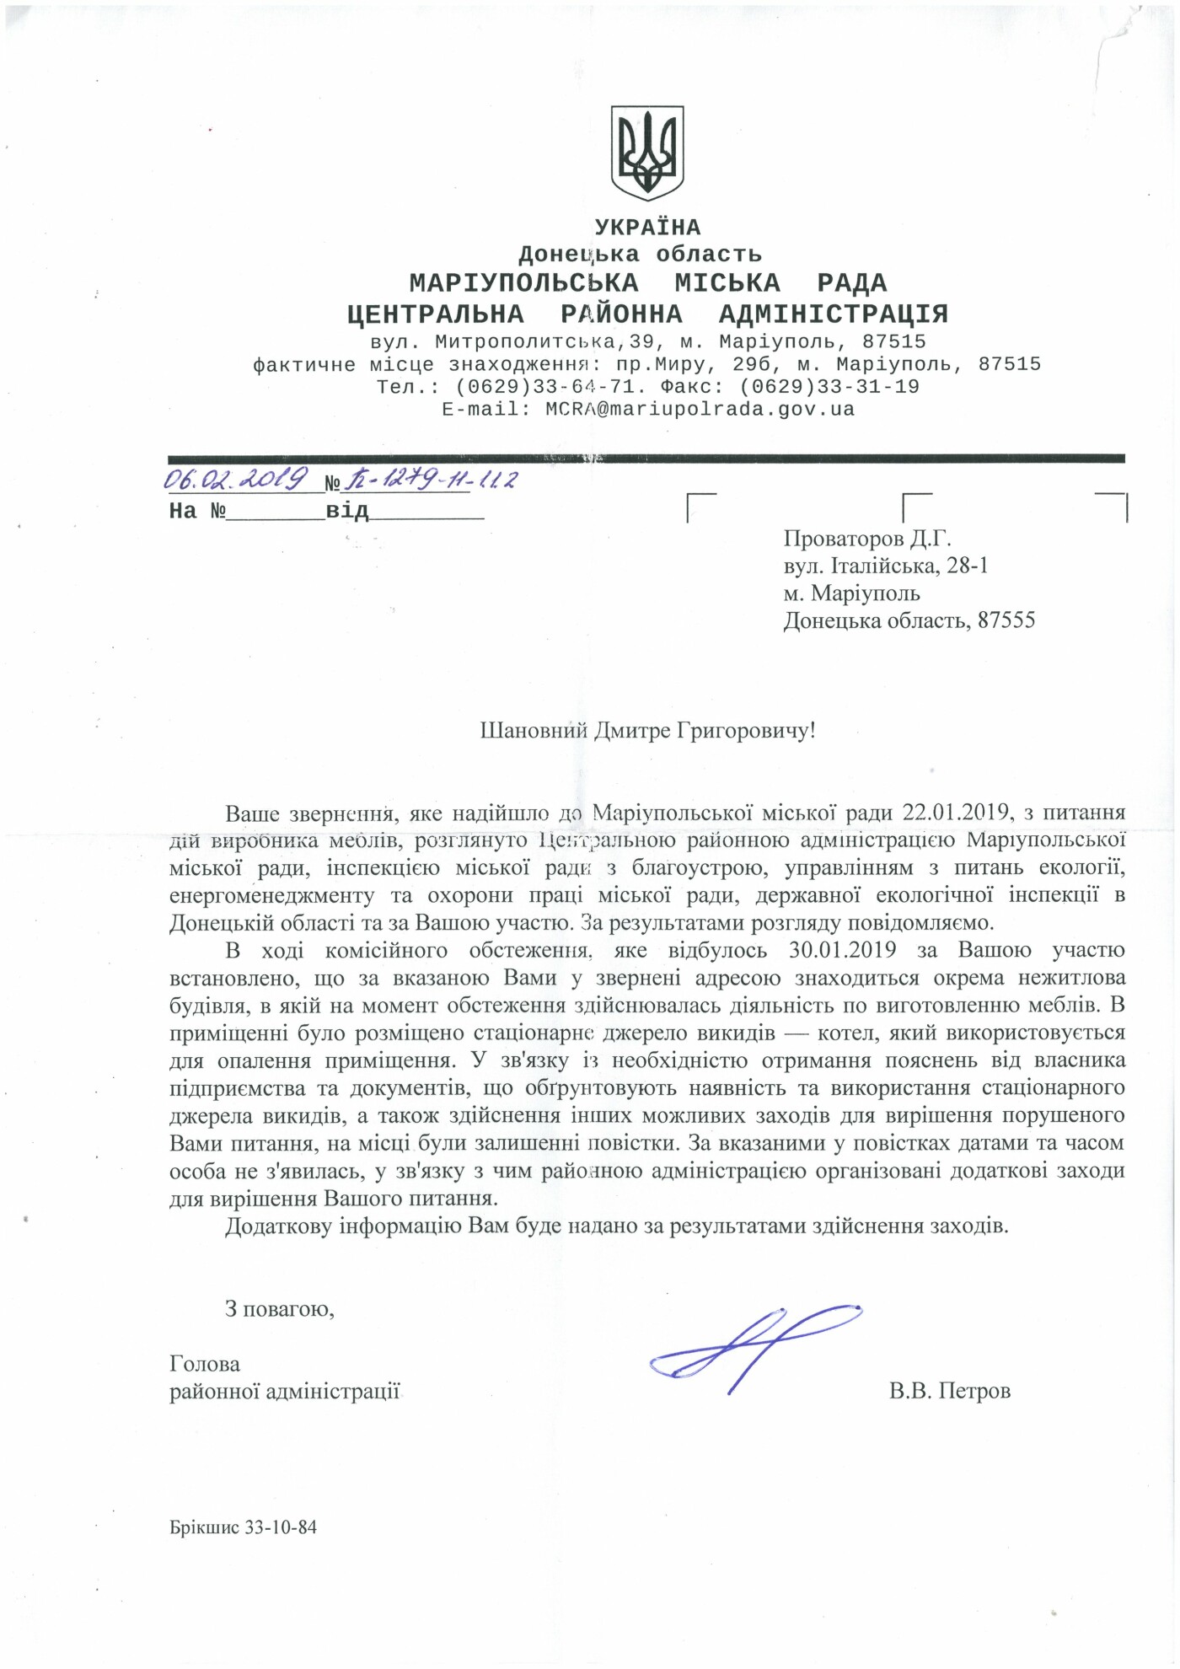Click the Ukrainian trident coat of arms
pyautogui.click(x=646, y=153)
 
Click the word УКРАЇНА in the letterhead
pyautogui.click(x=647, y=228)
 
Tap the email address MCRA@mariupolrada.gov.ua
pyautogui.click(x=700, y=410)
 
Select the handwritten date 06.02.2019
pyautogui.click(x=235, y=480)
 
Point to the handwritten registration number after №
pyautogui.click(x=430, y=480)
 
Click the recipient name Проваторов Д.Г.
pyautogui.click(x=866, y=539)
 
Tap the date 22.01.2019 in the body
pyautogui.click(x=956, y=813)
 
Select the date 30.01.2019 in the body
pyautogui.click(x=842, y=950)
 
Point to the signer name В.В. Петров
pyautogui.click(x=949, y=1391)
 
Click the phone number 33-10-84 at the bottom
pyautogui.click(x=281, y=1527)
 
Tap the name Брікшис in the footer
pyautogui.click(x=205, y=1527)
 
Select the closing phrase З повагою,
pyautogui.click(x=279, y=1309)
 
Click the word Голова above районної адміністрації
pyautogui.click(x=205, y=1364)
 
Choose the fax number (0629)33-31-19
pyautogui.click(x=829, y=387)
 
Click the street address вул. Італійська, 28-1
pyautogui.click(x=885, y=566)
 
